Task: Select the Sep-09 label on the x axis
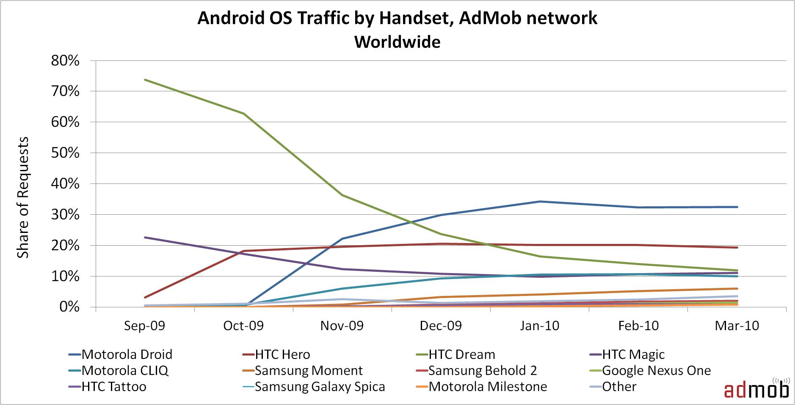(145, 326)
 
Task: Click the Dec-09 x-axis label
(441, 326)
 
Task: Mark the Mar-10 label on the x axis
(737, 326)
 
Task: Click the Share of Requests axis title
(23, 197)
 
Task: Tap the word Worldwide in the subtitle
(397, 42)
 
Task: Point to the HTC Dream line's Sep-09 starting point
(145, 79)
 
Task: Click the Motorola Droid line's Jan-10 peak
(540, 202)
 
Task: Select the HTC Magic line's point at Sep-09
(145, 237)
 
